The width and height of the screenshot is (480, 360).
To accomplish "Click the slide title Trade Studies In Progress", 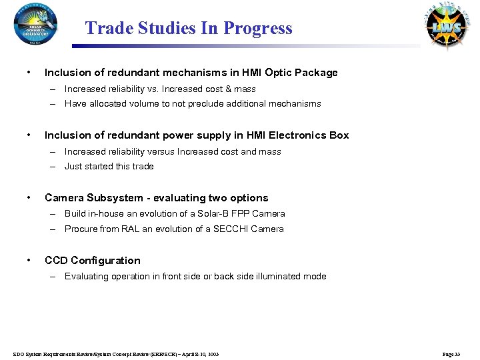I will coord(189,29).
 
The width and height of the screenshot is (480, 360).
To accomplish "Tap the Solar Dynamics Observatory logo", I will coord(36,25).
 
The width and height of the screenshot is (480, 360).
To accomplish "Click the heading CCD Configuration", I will coord(92,260).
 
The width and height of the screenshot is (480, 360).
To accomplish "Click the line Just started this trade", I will coord(109,167).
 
